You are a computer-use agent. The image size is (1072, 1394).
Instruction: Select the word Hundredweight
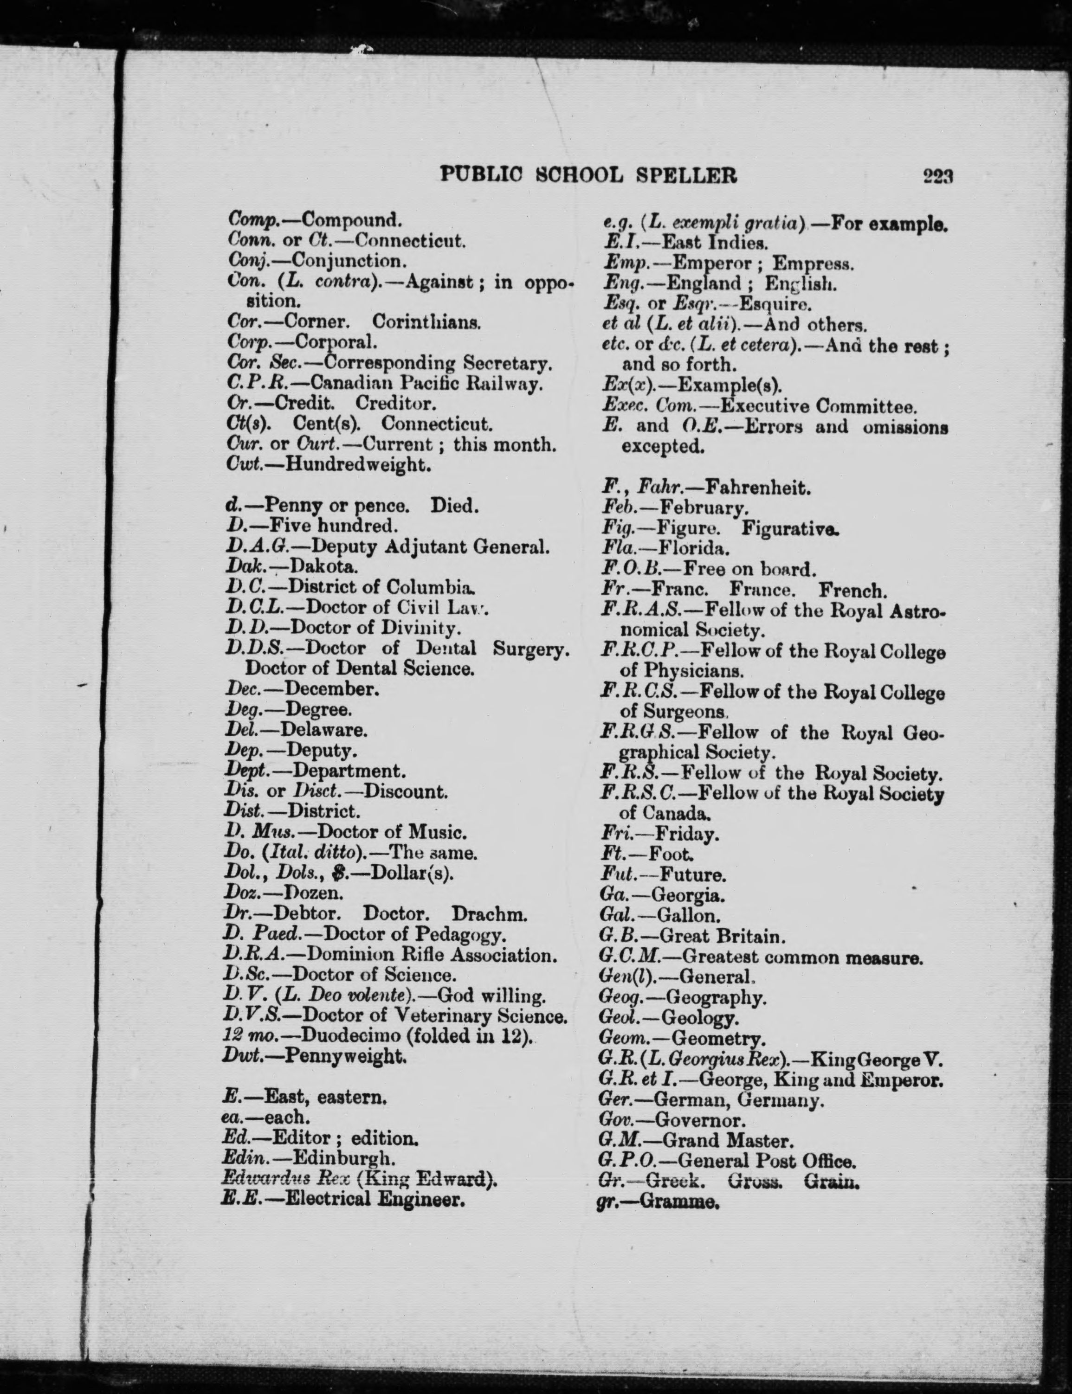click(x=357, y=464)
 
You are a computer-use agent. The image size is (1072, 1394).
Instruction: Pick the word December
click(x=332, y=689)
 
